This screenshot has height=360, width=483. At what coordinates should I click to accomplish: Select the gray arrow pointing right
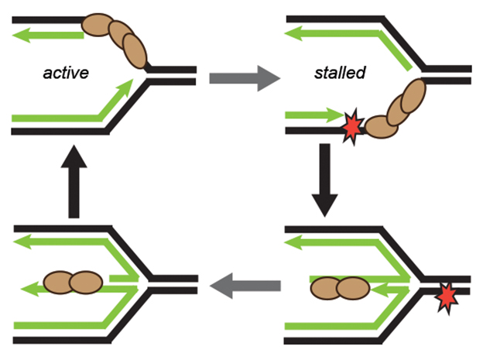(237, 78)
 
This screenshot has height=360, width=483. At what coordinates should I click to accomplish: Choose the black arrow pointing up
(75, 184)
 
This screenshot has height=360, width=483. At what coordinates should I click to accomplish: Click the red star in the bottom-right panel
(447, 297)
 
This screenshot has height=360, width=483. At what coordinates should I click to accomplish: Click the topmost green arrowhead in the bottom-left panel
(21, 241)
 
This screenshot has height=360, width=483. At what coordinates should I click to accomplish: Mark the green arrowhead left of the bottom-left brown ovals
(24, 290)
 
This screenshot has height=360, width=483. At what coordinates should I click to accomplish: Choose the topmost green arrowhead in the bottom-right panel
(295, 242)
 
